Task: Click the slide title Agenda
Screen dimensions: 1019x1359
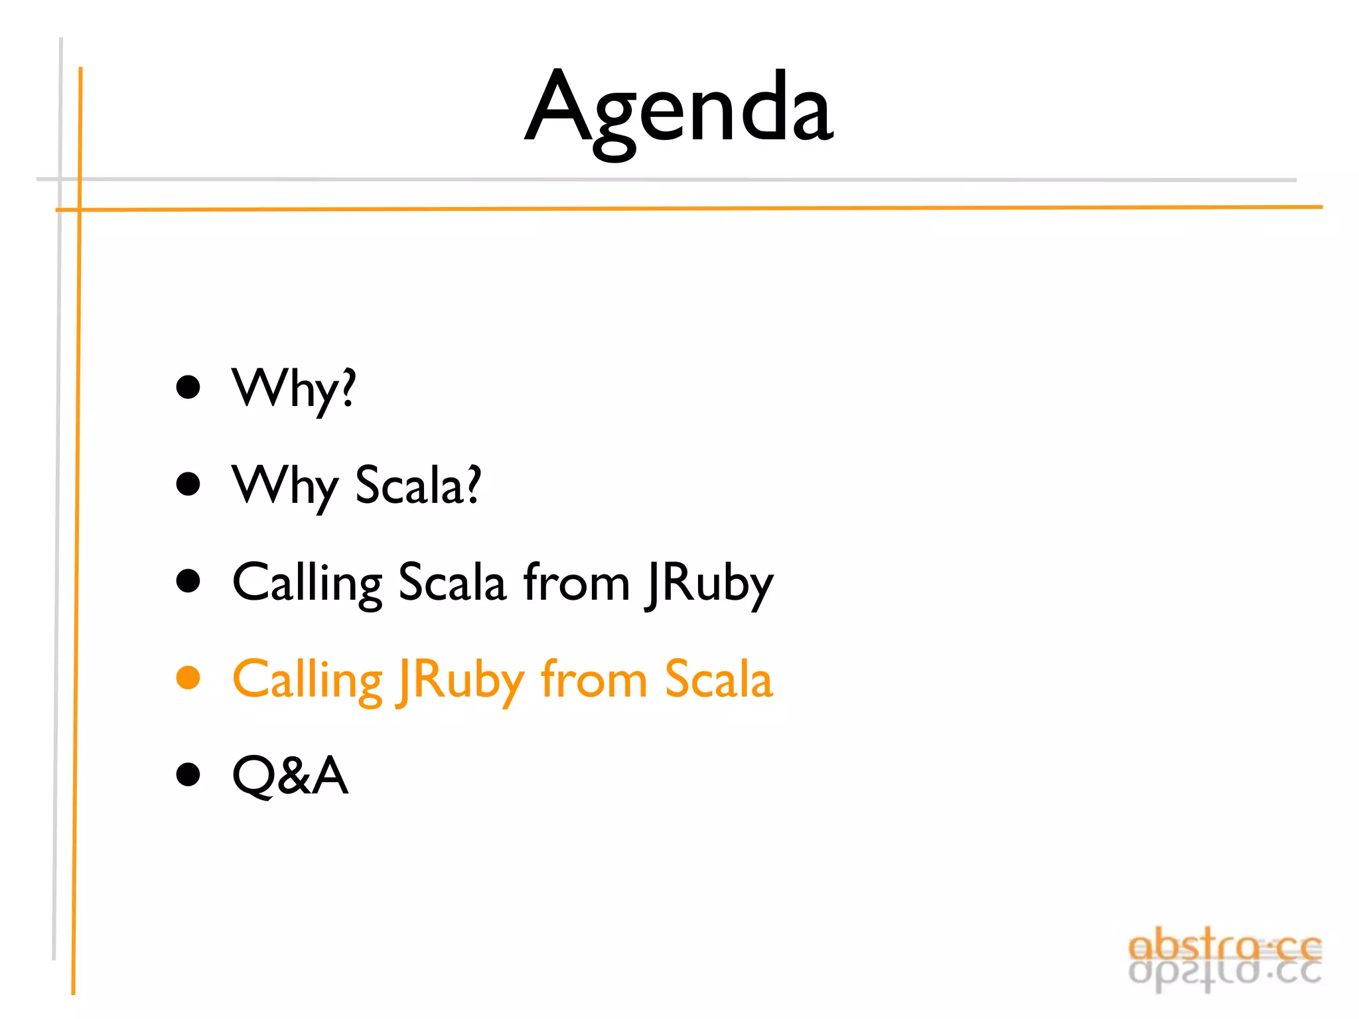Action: click(x=678, y=109)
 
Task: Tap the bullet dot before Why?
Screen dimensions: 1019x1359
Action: click(x=188, y=387)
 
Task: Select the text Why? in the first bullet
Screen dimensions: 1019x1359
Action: click(x=293, y=389)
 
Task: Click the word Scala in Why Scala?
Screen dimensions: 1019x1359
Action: click(x=418, y=486)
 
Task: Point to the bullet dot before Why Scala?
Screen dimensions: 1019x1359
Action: click(x=188, y=484)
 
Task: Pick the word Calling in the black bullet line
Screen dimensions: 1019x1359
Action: click(x=307, y=582)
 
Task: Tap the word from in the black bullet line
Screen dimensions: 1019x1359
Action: click(x=576, y=582)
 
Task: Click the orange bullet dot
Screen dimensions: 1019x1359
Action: click(x=188, y=678)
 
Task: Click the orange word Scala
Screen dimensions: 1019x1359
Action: click(x=719, y=679)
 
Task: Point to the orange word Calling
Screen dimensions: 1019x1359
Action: click(x=307, y=681)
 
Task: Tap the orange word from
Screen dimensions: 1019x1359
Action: click(x=594, y=679)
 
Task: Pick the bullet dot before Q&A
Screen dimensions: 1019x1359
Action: click(x=188, y=774)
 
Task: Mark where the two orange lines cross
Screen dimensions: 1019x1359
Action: click(x=80, y=210)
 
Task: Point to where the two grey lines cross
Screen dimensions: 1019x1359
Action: click(x=60, y=179)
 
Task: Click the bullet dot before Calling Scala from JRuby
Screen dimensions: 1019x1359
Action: click(x=188, y=580)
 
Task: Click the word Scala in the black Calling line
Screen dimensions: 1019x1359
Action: click(x=452, y=582)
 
